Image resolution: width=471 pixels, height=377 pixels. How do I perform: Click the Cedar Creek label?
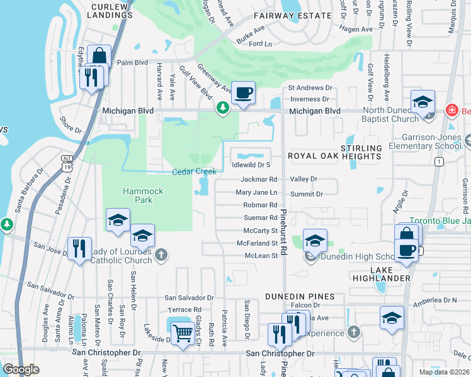[x=194, y=172]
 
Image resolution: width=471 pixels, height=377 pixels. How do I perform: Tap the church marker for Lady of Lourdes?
[x=162, y=254]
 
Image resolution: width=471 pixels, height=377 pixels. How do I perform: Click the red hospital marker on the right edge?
[x=451, y=111]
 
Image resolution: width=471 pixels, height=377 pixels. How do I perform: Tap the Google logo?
[x=21, y=369]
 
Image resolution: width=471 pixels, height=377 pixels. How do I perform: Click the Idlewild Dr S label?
[x=251, y=165]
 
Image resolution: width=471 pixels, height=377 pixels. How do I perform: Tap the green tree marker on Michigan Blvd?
[x=222, y=109]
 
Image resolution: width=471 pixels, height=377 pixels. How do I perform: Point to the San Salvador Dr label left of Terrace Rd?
[x=190, y=298]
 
